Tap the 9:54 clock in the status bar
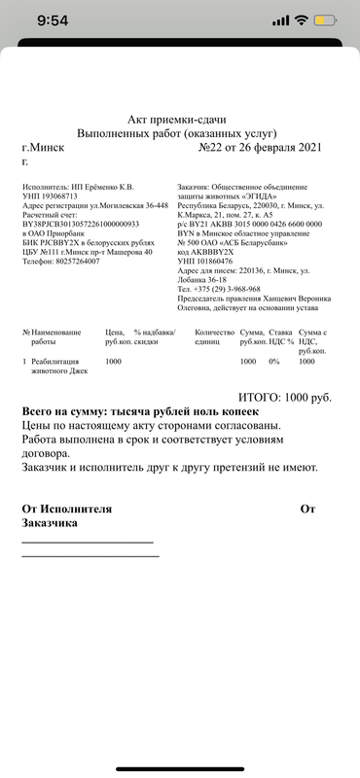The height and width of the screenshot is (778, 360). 42,20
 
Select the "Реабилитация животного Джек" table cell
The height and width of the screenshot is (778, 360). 65,367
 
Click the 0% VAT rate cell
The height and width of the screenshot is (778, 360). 274,362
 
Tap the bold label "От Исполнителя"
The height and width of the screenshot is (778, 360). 67,508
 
